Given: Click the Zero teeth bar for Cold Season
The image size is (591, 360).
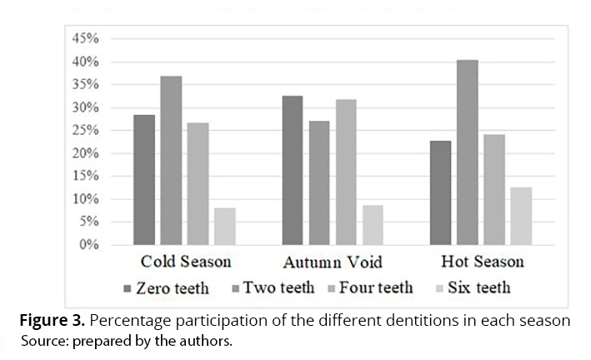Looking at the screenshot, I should (x=144, y=180).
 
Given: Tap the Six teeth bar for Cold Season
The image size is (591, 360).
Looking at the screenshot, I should (x=224, y=227).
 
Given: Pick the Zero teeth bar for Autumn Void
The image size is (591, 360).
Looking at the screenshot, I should (x=293, y=171).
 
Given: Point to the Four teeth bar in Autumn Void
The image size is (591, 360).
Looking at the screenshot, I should (x=346, y=172).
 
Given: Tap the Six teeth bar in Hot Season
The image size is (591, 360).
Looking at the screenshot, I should (x=521, y=217).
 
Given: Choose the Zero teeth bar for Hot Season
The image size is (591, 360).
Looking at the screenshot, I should (x=441, y=193).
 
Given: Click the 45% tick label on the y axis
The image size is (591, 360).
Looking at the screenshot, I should (x=88, y=39).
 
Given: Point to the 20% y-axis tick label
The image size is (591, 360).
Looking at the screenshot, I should (x=88, y=153).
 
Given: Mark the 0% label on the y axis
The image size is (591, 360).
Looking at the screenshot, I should (x=91, y=245).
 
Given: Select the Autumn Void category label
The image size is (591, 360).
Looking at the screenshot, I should (x=333, y=262).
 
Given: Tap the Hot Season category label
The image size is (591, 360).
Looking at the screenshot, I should (x=483, y=262).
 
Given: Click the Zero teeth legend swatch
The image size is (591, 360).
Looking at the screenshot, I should (x=128, y=288).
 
